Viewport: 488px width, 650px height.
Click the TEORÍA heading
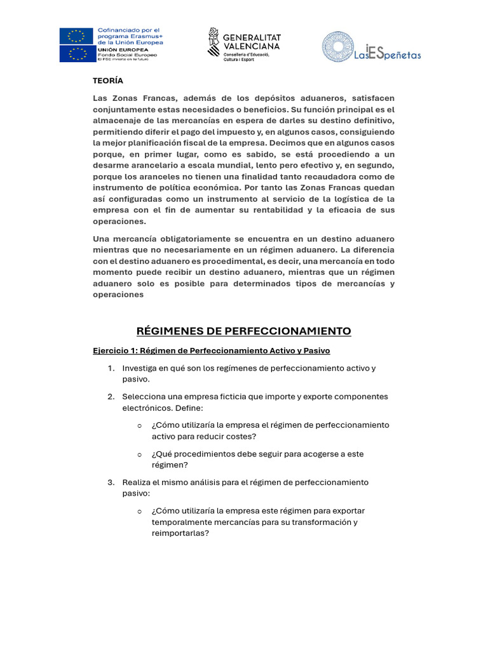pyautogui.click(x=108, y=81)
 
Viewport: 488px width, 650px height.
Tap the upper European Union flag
pyautogui.click(x=76, y=36)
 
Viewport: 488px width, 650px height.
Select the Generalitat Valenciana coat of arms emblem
pyautogui.click(x=215, y=43)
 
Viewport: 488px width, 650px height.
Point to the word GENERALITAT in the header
pyautogui.click(x=252, y=37)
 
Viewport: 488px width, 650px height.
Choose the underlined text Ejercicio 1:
pyautogui.click(x=115, y=351)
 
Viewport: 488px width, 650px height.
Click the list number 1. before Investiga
pyautogui.click(x=111, y=368)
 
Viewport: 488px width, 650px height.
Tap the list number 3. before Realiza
pyautogui.click(x=111, y=482)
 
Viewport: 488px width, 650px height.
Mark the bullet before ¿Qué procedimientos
pyautogui.click(x=139, y=454)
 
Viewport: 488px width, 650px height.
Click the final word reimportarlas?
pyautogui.click(x=180, y=534)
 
